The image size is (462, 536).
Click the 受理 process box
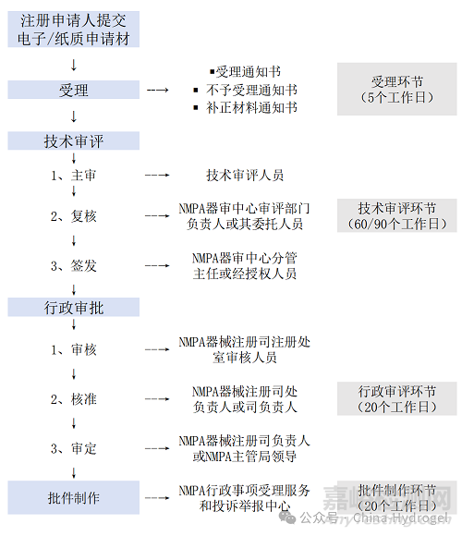tap(74, 90)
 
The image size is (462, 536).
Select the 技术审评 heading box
tap(74, 140)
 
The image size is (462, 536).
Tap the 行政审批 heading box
tap(74, 306)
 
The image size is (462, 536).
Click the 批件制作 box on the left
tap(74, 498)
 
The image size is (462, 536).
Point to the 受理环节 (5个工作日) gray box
tap(396, 90)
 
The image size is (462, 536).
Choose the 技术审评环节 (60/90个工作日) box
tap(396, 216)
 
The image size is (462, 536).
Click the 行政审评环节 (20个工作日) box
tap(396, 399)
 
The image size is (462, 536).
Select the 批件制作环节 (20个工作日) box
tap(396, 498)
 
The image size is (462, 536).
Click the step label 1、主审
tap(74, 175)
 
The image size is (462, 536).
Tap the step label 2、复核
tap(74, 216)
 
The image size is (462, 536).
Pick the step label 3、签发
tap(74, 266)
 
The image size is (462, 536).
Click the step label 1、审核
tap(74, 349)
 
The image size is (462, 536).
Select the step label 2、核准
tap(74, 399)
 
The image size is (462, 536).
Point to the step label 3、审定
tap(74, 448)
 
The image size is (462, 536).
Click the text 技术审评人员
tap(245, 175)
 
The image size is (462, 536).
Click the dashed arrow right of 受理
tap(158, 90)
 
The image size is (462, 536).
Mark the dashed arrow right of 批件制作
tap(158, 498)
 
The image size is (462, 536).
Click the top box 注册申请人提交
tap(74, 30)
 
